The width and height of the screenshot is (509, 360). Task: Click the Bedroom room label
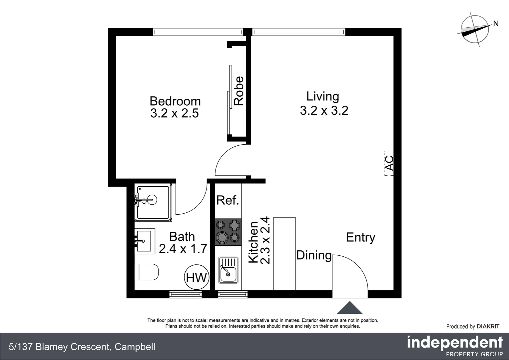[x=175, y=101]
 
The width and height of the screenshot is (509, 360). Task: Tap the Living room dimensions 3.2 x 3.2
[x=324, y=111]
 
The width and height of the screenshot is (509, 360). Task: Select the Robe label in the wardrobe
[x=239, y=91]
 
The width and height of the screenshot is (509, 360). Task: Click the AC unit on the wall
[x=389, y=163]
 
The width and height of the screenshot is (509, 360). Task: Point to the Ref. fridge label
[x=228, y=200]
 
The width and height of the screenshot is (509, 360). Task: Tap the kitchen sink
[x=228, y=270]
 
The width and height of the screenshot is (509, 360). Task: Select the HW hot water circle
[x=197, y=277]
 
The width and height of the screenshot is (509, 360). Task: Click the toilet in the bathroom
[x=147, y=272]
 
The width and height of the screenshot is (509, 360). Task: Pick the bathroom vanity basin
[x=145, y=241]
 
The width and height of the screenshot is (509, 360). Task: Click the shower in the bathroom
[x=153, y=202]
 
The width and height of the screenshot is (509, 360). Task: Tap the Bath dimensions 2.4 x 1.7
[x=183, y=249]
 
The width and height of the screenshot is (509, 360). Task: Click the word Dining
[x=314, y=255]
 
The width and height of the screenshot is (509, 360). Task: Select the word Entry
[x=360, y=237]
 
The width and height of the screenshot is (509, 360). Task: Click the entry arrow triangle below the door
[x=349, y=308]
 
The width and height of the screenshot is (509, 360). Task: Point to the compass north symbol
[x=475, y=29]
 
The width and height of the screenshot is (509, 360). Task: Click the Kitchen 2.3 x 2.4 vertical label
[x=259, y=241]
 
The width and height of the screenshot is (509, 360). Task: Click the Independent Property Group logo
[x=455, y=346]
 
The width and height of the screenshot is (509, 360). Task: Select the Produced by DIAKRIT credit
[x=472, y=326]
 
